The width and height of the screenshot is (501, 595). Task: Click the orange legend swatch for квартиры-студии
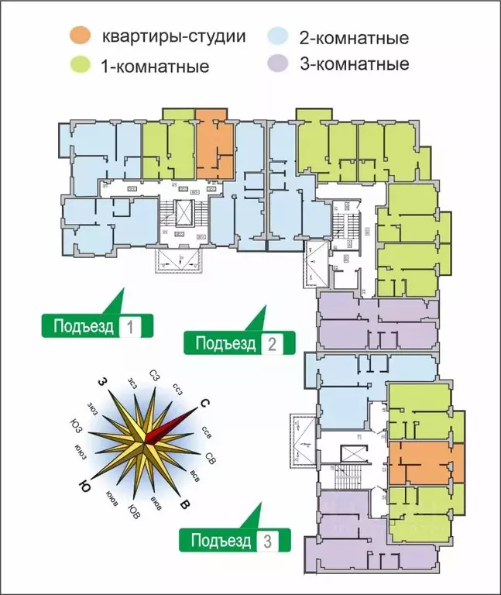point(80,35)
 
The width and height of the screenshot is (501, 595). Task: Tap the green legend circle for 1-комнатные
point(80,65)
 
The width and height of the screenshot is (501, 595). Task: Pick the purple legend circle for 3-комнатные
point(277,64)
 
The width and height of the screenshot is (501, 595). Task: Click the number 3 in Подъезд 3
point(268,541)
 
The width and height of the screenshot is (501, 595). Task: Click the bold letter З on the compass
point(101,382)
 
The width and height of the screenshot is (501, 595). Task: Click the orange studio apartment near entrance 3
point(425,463)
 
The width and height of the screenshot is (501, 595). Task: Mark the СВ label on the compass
point(211,459)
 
